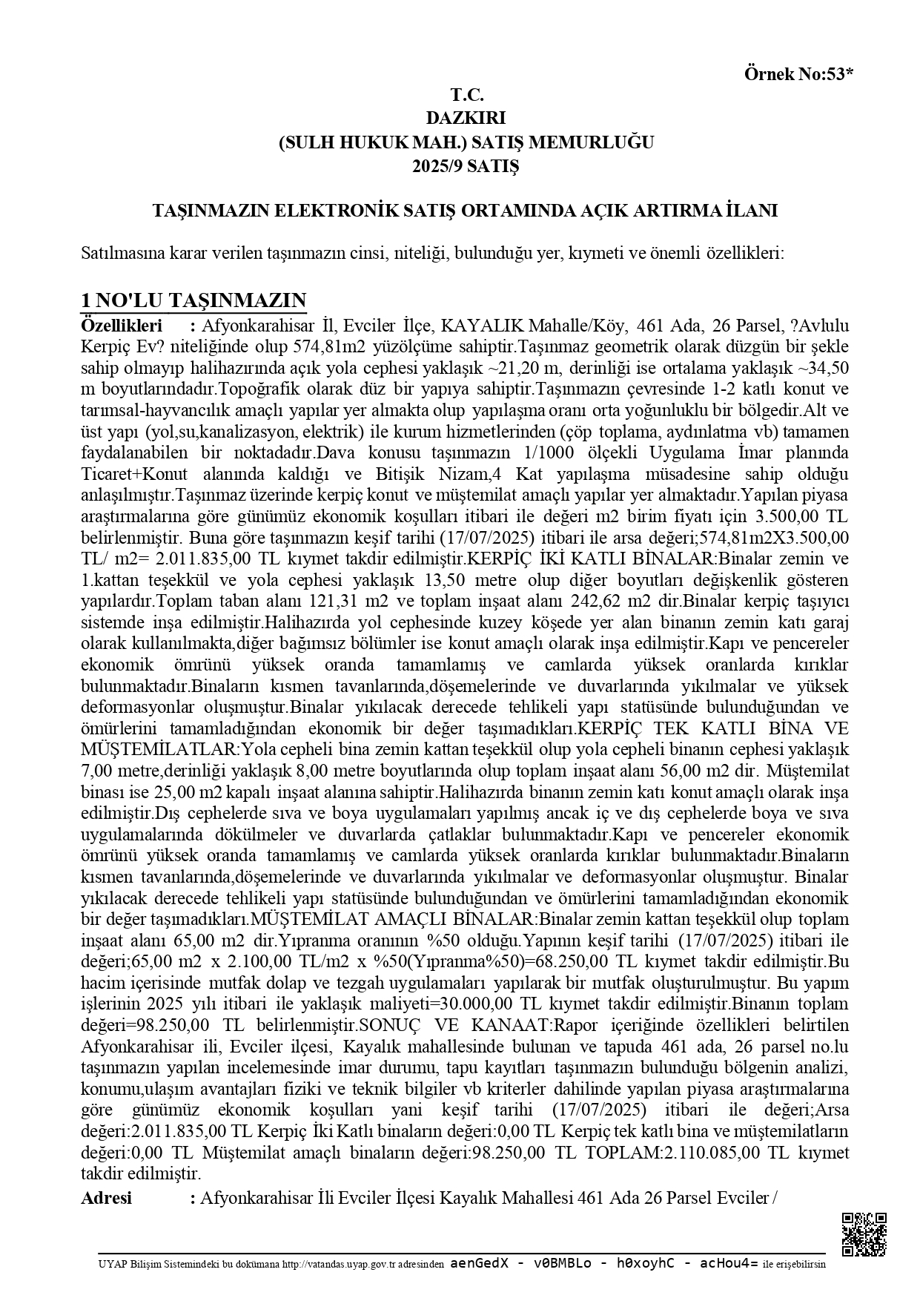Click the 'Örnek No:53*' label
pyautogui.click(x=798, y=74)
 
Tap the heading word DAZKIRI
pyautogui.click(x=466, y=117)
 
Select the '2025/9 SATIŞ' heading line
pyautogui.click(x=466, y=165)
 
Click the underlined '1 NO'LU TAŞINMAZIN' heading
pyautogui.click(x=193, y=300)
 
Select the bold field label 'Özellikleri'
pyautogui.click(x=121, y=325)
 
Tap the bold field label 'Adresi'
pyautogui.click(x=106, y=1198)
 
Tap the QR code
pyautogui.click(x=864, y=1235)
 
